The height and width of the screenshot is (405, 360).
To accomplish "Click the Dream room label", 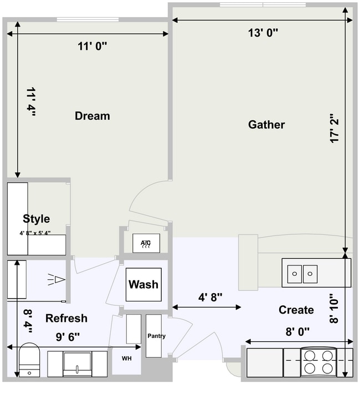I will [92, 116].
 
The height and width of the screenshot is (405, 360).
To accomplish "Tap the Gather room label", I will [266, 125].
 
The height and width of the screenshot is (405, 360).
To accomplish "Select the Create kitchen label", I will [296, 310].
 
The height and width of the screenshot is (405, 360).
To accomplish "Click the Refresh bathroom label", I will [66, 318].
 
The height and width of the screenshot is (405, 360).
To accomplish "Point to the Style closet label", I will [36, 219].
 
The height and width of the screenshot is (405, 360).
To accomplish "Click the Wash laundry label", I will [143, 284].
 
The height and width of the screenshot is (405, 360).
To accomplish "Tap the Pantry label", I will [156, 336].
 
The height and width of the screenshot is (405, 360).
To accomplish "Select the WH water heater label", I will [127, 358].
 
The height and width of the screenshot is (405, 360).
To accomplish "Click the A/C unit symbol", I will [146, 243].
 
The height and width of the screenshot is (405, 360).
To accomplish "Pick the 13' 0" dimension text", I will [263, 33].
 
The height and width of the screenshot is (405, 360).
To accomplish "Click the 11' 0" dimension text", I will [92, 47].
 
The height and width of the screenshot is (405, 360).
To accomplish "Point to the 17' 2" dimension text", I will [335, 129].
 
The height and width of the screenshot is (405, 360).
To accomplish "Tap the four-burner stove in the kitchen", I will [318, 362].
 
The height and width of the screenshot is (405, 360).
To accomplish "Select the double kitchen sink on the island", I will [302, 273].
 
